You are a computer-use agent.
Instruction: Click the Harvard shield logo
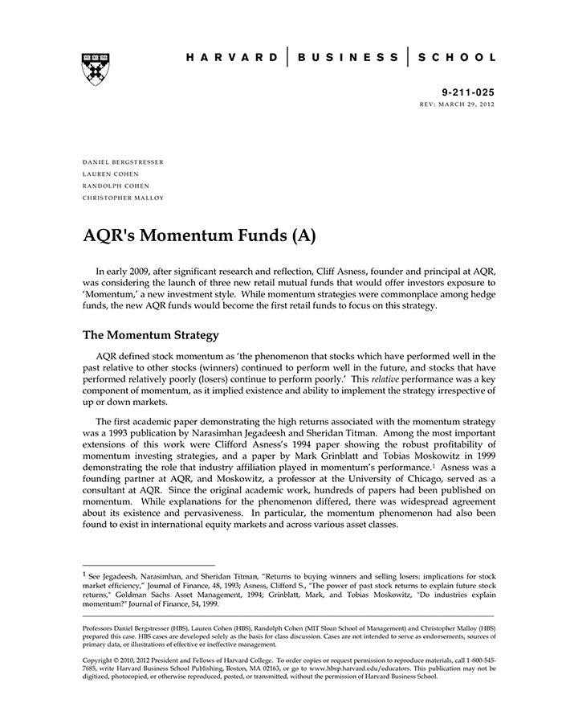coord(95,69)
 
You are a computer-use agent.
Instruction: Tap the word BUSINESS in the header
coord(347,58)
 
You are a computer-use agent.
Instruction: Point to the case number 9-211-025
coord(469,92)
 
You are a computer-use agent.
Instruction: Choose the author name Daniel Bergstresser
coord(123,162)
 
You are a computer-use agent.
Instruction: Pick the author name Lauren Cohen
coord(111,174)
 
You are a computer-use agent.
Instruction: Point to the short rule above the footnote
coord(149,565)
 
